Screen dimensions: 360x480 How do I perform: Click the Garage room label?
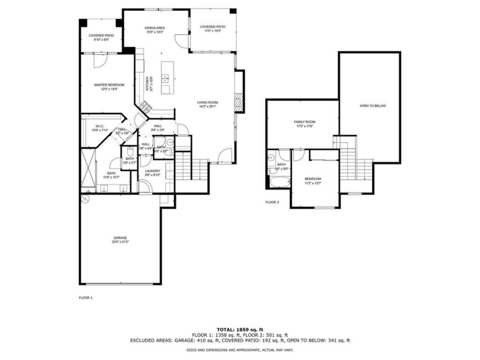coord(120,239)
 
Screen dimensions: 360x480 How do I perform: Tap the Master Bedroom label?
coord(109,87)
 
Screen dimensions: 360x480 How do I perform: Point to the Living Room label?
coord(209,104)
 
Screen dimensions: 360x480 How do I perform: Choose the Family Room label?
coord(305,124)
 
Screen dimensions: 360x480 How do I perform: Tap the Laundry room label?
coord(153,173)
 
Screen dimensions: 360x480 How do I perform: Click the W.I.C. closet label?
coord(99,128)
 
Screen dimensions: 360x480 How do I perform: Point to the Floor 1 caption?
coord(85,298)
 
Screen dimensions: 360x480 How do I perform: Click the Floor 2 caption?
coord(272,202)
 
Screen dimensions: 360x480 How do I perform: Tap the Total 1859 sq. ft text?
coord(239,330)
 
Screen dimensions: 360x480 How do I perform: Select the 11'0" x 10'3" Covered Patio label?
coord(212,29)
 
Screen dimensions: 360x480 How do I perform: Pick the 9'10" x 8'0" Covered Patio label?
coord(101,38)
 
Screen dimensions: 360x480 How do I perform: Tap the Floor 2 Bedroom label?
coord(313,181)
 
